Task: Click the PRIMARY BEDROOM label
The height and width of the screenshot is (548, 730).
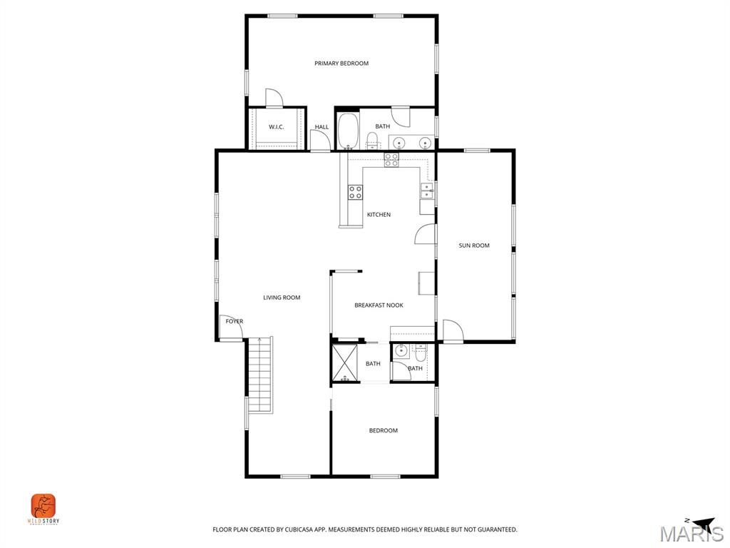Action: [341, 64]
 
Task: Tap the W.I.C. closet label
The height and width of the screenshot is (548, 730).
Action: [277, 127]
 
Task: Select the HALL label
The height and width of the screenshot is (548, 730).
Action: [322, 127]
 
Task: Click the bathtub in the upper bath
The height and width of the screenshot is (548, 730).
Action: [348, 131]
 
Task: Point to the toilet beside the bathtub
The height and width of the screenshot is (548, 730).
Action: [372, 140]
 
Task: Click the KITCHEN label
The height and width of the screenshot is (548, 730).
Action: [379, 215]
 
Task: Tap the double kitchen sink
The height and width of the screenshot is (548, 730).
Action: [426, 190]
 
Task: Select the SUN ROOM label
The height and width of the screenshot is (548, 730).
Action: [474, 245]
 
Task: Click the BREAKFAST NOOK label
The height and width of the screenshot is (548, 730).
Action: [379, 305]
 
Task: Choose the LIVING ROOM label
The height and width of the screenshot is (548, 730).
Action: [282, 298]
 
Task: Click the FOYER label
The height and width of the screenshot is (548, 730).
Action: [235, 322]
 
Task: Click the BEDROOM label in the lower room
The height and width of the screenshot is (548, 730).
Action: [383, 430]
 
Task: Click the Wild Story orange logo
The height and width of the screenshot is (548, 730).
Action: [43, 507]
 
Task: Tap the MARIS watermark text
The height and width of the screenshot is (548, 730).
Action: [691, 534]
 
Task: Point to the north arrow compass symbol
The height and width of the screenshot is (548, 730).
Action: [701, 523]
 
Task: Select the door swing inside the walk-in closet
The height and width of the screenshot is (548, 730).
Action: [274, 98]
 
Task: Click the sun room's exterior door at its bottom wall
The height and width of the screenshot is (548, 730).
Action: [452, 330]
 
